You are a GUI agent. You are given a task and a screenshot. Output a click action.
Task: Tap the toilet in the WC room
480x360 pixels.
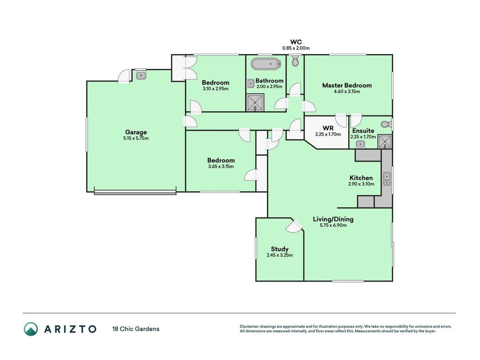(x=295, y=61)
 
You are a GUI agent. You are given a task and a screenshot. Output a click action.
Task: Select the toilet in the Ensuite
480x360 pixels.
(x=386, y=124)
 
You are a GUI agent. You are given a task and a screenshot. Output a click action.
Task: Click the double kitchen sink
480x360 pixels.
(x=386, y=179)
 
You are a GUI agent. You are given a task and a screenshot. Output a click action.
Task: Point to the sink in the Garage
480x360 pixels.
(x=141, y=74)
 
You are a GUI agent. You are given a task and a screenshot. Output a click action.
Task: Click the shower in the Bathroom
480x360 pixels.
(x=256, y=103)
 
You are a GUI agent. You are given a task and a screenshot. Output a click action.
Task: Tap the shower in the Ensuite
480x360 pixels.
(x=385, y=141)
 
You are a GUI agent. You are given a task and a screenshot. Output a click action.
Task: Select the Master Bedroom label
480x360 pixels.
(x=347, y=85)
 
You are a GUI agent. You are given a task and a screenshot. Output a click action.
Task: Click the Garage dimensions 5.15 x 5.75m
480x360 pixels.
(x=136, y=138)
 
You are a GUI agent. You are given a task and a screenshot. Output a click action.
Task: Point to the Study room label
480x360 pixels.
(x=279, y=249)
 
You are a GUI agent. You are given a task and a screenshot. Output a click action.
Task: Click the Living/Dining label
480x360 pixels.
(x=333, y=219)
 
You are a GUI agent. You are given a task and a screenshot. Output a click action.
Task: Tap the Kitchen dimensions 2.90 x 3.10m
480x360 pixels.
(x=361, y=184)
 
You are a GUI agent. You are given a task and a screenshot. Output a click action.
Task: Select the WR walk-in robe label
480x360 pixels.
(x=328, y=128)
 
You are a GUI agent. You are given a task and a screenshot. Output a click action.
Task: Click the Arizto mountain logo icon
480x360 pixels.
(x=31, y=329)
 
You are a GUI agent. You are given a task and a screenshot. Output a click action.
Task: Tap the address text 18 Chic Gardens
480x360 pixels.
(x=136, y=329)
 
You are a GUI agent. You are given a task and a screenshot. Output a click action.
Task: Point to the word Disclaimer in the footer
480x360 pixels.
(x=249, y=327)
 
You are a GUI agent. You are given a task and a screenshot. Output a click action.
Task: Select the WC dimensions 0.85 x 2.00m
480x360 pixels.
(x=296, y=48)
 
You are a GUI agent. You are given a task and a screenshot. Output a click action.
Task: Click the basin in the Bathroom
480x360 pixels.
(x=251, y=83)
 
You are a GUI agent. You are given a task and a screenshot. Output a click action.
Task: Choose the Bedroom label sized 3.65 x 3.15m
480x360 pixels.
(x=221, y=160)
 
